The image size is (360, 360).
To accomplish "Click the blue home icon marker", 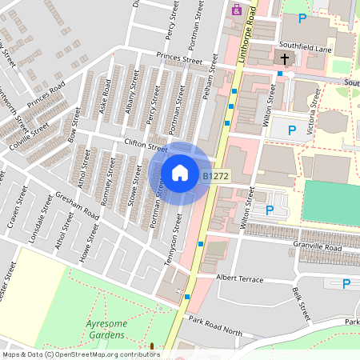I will point(180,172).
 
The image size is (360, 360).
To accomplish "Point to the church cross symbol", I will point(285,58).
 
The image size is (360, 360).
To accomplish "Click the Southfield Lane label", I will point(305,47).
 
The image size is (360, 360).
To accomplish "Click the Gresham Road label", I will point(77,206).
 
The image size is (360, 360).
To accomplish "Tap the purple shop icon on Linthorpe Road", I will point(237,10).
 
